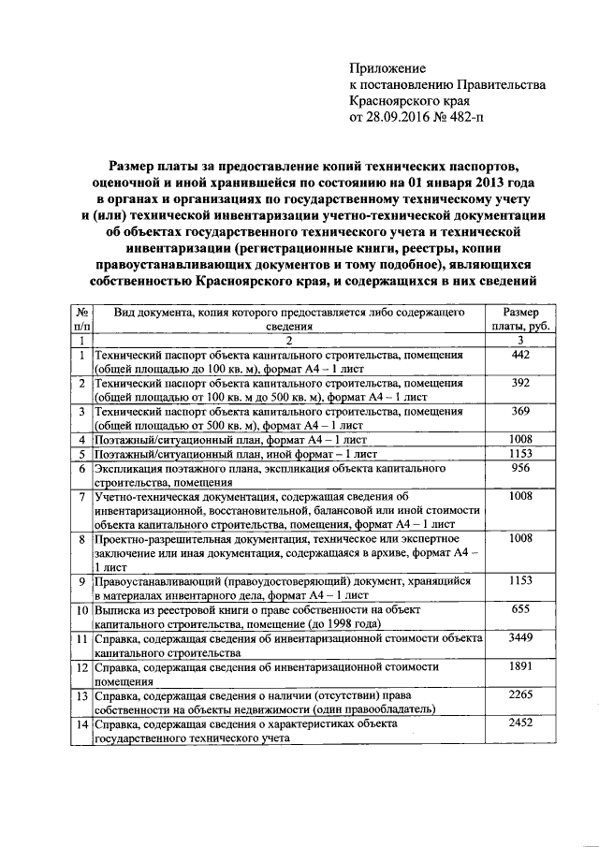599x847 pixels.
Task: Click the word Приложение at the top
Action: [387, 68]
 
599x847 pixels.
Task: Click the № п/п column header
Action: [82, 319]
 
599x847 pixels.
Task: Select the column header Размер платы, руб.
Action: [520, 319]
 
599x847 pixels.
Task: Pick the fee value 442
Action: [520, 356]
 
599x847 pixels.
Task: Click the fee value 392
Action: [520, 384]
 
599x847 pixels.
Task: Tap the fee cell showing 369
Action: [520, 412]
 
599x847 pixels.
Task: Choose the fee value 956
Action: [520, 468]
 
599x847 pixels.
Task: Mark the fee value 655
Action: [520, 608]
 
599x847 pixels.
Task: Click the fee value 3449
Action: [520, 636]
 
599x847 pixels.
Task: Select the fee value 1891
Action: [520, 665]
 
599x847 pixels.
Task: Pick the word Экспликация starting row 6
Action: [132, 468]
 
